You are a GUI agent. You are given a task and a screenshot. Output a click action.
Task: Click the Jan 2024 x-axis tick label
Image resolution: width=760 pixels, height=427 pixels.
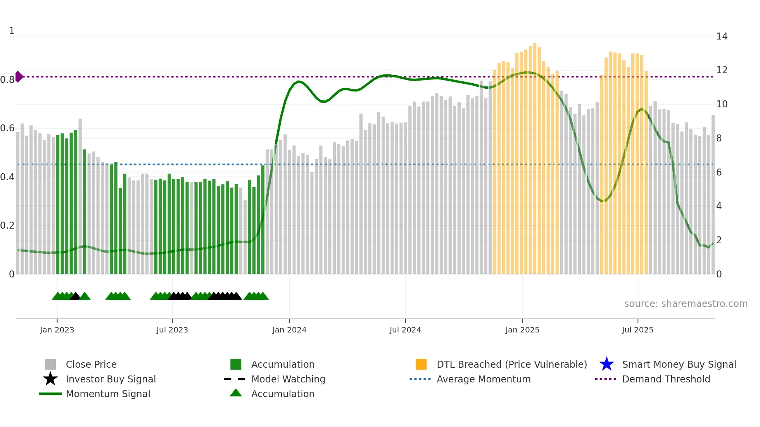point(289,330)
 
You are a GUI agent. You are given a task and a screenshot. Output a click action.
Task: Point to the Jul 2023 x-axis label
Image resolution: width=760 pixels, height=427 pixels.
point(172,330)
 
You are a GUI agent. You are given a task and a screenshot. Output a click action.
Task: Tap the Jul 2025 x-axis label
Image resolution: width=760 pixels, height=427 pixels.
point(637,330)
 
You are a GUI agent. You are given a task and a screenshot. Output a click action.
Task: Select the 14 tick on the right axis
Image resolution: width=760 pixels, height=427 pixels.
point(722,36)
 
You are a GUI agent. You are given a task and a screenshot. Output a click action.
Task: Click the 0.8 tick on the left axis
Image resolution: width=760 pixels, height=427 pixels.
point(7,80)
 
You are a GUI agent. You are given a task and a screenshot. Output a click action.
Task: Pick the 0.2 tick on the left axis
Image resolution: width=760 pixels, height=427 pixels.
point(7,226)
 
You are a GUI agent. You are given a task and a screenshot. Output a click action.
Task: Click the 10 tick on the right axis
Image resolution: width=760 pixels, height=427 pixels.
point(722,104)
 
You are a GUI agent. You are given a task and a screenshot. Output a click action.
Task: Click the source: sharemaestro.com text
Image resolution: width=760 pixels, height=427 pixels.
point(686,304)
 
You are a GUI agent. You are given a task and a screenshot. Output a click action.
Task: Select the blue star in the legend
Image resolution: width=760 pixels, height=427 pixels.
point(606,364)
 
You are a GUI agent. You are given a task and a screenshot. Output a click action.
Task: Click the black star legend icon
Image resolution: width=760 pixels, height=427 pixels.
point(50,379)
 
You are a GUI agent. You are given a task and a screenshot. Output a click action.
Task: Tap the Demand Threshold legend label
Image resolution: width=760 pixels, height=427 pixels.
point(666,379)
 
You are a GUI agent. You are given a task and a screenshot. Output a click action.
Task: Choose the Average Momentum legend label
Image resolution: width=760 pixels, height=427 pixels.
point(483,379)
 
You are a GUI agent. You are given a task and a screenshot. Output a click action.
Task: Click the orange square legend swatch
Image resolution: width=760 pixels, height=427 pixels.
point(421,364)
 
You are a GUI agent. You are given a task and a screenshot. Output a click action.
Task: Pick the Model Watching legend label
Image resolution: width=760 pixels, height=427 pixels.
point(288,379)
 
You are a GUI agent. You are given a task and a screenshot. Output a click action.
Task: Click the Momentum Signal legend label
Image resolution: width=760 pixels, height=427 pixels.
point(108,394)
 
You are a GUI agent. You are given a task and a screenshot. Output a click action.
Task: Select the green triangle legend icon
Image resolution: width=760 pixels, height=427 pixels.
point(236,393)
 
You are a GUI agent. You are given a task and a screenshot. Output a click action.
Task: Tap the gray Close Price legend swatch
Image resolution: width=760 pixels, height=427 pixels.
point(50,364)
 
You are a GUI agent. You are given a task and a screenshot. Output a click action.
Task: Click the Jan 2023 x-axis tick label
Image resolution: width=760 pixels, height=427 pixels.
point(57,330)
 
